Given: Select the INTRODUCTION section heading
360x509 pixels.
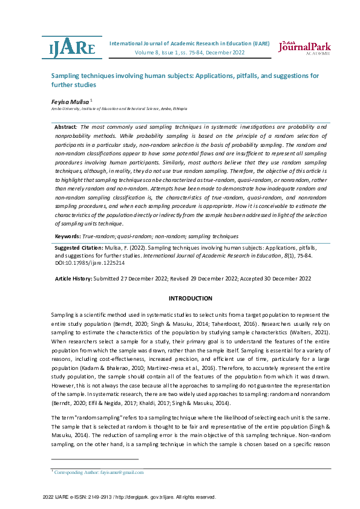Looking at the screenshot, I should coord(190,299).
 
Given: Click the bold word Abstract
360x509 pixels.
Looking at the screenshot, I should coord(65,127).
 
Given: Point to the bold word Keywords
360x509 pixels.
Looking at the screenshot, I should coord(67,236).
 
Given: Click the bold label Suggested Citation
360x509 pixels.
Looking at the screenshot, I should coord(77,248).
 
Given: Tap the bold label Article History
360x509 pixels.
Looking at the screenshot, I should coord(73,279).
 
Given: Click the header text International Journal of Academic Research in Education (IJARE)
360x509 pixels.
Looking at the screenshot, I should coord(189,44).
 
